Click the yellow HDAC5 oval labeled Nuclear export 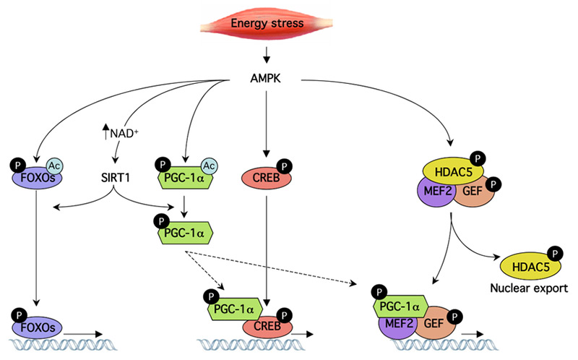[x=526, y=266]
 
